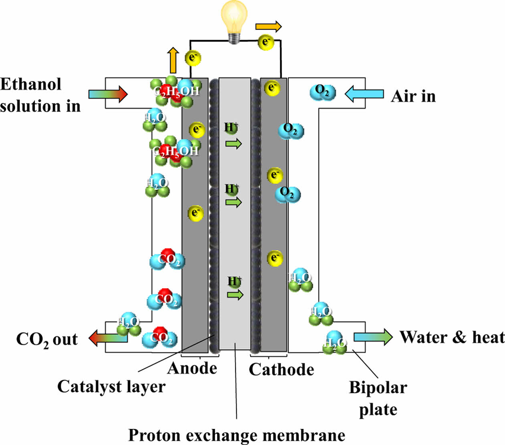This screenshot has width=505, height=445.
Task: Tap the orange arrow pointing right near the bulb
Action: pos(269,27)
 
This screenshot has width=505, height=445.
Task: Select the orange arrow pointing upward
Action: pos(173,60)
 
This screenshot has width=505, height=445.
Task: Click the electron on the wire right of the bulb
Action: pos(265,41)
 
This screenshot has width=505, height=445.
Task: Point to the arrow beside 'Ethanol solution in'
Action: pos(108,94)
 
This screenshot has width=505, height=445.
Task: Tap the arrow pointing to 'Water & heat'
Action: pos(373,336)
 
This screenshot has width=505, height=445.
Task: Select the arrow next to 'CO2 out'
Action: pos(107,338)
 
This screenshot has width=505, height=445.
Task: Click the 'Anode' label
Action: pos(192,368)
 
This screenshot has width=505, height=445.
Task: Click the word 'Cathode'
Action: pos(281,369)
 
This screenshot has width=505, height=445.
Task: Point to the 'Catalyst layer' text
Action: pos(111,387)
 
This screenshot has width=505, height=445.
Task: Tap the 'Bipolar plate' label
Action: pos(378,398)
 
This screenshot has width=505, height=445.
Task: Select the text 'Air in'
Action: pos(413,96)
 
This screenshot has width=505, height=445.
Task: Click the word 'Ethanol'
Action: pos(31,84)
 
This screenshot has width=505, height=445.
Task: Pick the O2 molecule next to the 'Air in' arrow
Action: pos(323,92)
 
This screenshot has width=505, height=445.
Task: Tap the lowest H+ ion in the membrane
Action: pos(234,281)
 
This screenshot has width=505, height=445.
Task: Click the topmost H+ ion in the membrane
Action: pos(231,128)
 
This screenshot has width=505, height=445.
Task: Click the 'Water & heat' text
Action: pos(452,337)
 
